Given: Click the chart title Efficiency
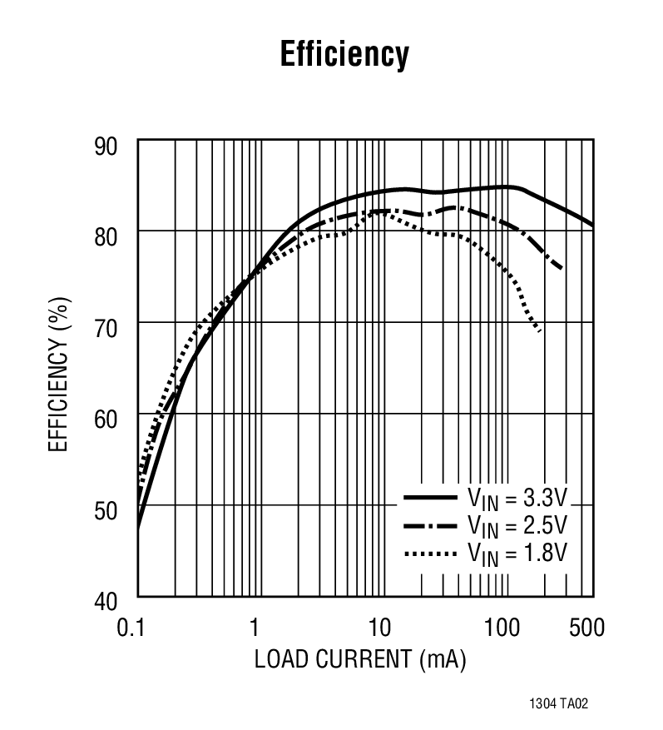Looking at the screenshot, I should [344, 55].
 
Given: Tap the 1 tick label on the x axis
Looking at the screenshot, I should [255, 627].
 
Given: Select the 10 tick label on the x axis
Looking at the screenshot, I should [379, 627].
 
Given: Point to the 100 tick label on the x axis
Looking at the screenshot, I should [502, 627].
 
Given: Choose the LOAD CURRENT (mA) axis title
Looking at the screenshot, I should [359, 659].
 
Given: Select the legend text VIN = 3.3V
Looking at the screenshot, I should [517, 499].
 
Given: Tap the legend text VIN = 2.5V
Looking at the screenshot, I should [517, 526].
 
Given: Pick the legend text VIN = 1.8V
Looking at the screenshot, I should [517, 553].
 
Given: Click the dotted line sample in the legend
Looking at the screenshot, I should [431, 553].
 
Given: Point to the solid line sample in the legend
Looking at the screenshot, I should [431, 498].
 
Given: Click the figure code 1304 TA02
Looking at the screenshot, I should [558, 704].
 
